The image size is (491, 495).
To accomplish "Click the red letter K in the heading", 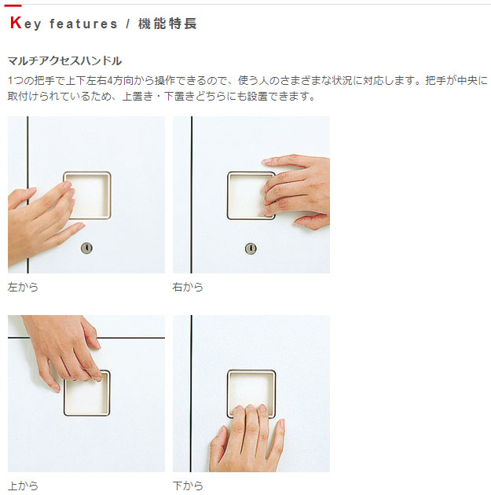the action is coord(16,23).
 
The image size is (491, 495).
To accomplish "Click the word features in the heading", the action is coord(83,24).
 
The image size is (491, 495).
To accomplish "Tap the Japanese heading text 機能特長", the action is coord(167,24).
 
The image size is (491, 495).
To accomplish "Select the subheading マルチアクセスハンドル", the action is coord(64,60).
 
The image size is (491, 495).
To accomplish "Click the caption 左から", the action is coord(23,287).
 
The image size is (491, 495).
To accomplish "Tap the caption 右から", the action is coord(188,287).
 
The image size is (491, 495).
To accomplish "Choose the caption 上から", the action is coord(23,486).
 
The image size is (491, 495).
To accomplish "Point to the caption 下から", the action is coord(188,486).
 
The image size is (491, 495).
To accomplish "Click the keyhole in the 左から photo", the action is coord(86,248).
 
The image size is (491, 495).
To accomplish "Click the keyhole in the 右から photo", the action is coord(251,248).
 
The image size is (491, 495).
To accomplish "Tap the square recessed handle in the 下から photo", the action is coord(251,371).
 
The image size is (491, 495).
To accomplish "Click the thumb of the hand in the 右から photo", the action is coord(311,222).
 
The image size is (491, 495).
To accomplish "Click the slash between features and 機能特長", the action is coord(128,24).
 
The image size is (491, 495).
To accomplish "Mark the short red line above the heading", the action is coord(13,5).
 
